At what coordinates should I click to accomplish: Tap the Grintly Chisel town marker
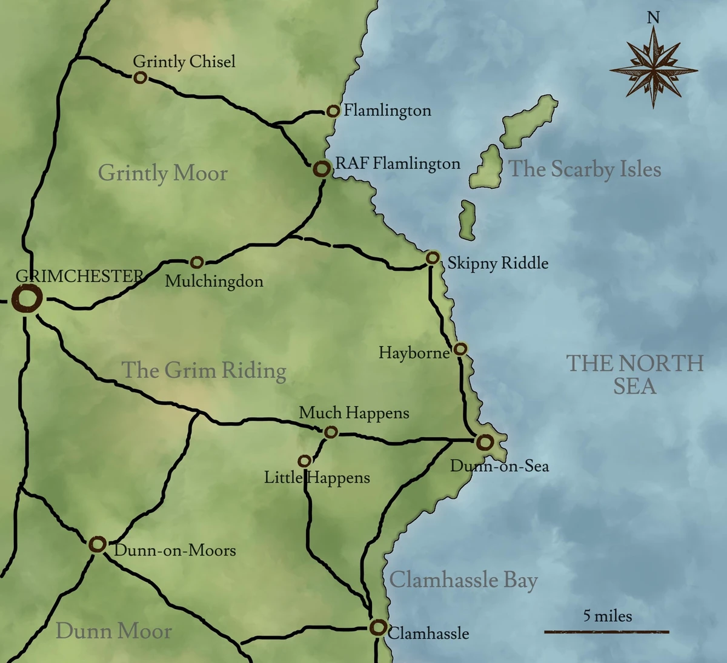pyautogui.click(x=140, y=78)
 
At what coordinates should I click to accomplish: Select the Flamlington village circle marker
pyautogui.click(x=333, y=111)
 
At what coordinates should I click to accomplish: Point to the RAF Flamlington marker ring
pyautogui.click(x=322, y=169)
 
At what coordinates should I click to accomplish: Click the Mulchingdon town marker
pyautogui.click(x=196, y=262)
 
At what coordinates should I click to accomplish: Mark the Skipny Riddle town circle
pyautogui.click(x=432, y=258)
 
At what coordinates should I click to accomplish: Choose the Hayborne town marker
pyautogui.click(x=460, y=349)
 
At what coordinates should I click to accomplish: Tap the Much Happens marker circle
pyautogui.click(x=330, y=432)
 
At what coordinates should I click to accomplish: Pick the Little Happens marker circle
pyautogui.click(x=305, y=461)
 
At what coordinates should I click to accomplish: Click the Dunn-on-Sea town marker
pyautogui.click(x=484, y=443)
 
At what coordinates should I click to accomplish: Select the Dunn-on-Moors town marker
pyautogui.click(x=97, y=544)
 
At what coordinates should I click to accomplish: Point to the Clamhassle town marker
pyautogui.click(x=378, y=627)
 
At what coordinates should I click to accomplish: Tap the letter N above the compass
pyautogui.click(x=653, y=18)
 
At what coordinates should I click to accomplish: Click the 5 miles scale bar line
pyautogui.click(x=606, y=632)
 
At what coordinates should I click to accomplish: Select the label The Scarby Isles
pyautogui.click(x=585, y=169)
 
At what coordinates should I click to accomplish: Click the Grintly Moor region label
pyautogui.click(x=162, y=173)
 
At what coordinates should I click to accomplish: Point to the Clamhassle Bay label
pyautogui.click(x=463, y=580)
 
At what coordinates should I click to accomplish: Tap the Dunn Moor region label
pyautogui.click(x=114, y=631)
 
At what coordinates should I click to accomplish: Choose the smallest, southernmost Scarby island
pyautogui.click(x=467, y=220)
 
